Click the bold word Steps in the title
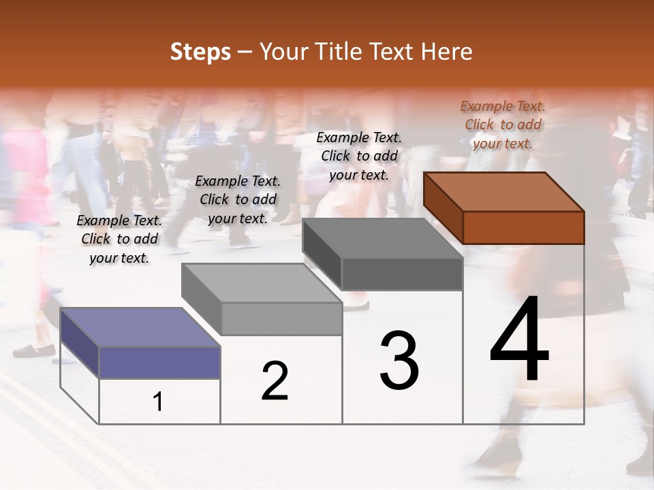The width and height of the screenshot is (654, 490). tap(200, 52)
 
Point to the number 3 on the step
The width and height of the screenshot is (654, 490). tap(399, 360)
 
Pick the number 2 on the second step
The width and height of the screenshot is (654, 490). tap(275, 381)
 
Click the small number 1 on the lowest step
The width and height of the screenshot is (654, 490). tap(158, 402)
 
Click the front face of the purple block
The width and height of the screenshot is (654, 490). tap(159, 362)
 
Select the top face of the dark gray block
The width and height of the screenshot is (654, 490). tap(382, 238)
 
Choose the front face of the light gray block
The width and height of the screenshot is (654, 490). tap(281, 318)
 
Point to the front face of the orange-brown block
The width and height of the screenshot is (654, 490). tap(523, 227)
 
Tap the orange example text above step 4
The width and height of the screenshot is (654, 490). tap(503, 125)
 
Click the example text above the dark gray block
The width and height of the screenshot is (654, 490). tap(359, 156)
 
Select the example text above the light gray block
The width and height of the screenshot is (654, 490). tap(238, 199)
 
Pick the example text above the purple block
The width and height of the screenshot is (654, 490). tap(119, 240)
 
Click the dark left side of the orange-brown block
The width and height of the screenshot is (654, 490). tap(443, 207)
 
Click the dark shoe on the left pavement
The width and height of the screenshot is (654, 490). tap(33, 350)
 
